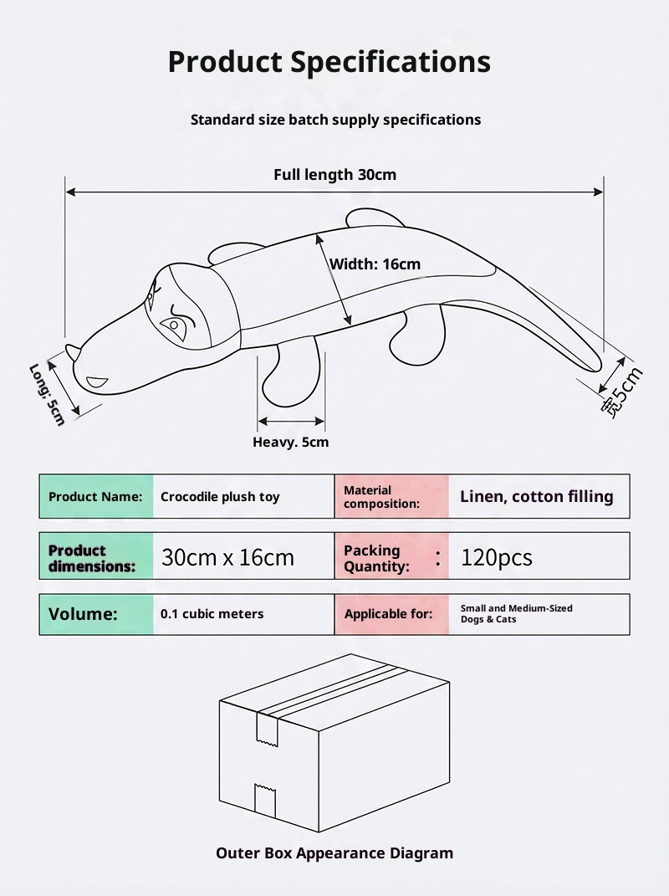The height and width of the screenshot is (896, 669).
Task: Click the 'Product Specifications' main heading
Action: tap(329, 62)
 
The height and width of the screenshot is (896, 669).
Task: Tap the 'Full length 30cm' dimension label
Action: tap(334, 175)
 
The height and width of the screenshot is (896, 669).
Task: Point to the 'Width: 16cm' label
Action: tap(375, 264)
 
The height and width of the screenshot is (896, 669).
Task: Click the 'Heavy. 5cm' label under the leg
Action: tap(290, 442)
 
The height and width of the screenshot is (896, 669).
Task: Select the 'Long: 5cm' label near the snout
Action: tap(47, 394)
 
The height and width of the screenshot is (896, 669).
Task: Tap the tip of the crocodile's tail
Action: tap(595, 366)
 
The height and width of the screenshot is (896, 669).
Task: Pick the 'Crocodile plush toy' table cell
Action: tap(220, 497)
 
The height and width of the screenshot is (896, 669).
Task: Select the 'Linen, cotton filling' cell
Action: tap(536, 496)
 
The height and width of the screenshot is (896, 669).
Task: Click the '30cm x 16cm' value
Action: tap(227, 557)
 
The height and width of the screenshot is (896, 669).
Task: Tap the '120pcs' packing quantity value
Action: tap(496, 557)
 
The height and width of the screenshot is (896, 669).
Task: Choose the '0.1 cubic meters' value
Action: tap(212, 614)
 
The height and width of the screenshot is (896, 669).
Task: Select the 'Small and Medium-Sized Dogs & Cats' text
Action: tap(516, 614)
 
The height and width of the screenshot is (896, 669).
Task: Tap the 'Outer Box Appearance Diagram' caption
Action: tap(334, 853)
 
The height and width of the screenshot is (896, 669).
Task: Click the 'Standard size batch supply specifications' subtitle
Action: tap(335, 120)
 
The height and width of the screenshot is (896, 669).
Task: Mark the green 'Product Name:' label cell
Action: tap(96, 497)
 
